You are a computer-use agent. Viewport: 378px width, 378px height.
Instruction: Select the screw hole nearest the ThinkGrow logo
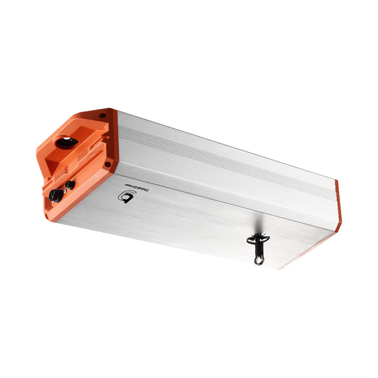click(x=108, y=164)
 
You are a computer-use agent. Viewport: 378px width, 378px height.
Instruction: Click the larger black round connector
click(x=56, y=195)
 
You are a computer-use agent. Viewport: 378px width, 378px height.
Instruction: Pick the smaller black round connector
click(x=70, y=184)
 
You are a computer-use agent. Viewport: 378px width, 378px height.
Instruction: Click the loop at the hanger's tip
click(x=258, y=260)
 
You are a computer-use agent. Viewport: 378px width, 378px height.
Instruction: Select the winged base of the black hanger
click(x=258, y=239)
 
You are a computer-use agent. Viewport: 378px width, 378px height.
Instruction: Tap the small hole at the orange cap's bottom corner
click(x=46, y=217)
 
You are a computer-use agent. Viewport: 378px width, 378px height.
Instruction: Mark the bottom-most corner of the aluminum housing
click(x=279, y=270)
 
